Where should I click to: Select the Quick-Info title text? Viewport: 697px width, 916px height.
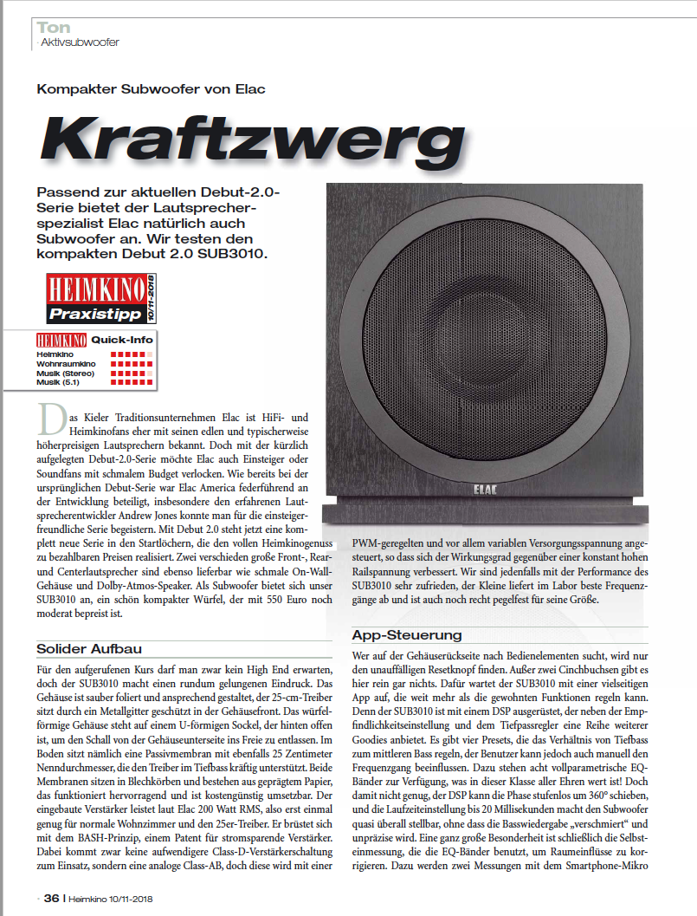(x=121, y=340)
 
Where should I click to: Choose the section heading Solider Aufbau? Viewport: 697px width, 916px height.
(x=89, y=648)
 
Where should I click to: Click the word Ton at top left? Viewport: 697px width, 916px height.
(x=54, y=27)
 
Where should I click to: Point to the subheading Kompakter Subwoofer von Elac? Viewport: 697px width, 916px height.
(x=151, y=88)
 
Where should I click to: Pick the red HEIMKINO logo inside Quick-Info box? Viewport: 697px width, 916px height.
(x=61, y=340)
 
